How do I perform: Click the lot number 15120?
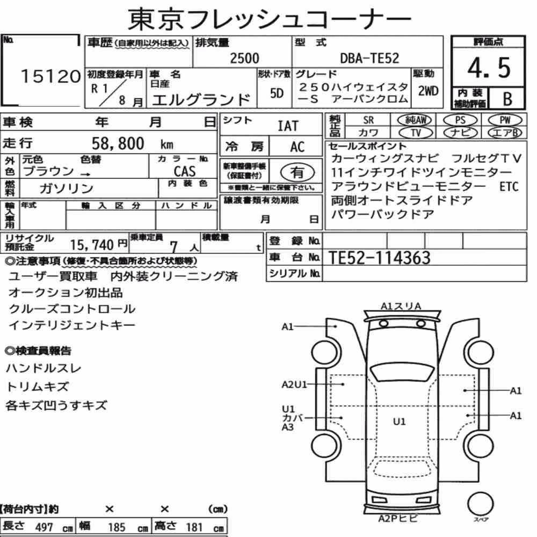click(50, 76)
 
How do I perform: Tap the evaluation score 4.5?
click(489, 68)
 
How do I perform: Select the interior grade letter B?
click(507, 99)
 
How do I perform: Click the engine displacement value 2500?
click(244, 58)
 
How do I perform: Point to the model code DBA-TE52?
click(369, 58)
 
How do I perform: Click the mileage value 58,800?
click(118, 143)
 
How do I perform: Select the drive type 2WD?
click(428, 91)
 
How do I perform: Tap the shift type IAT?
click(288, 126)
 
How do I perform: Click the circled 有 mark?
click(297, 172)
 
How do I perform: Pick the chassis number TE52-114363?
click(380, 258)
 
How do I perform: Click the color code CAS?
click(185, 171)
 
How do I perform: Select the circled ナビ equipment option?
click(460, 133)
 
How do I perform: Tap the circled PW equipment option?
click(505, 120)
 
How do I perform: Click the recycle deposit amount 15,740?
click(92, 245)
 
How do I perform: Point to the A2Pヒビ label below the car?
click(397, 519)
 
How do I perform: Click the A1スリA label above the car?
click(401, 306)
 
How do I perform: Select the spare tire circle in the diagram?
click(481, 504)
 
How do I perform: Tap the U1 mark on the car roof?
click(399, 421)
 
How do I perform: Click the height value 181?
click(194, 527)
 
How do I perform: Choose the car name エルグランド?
click(201, 100)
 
